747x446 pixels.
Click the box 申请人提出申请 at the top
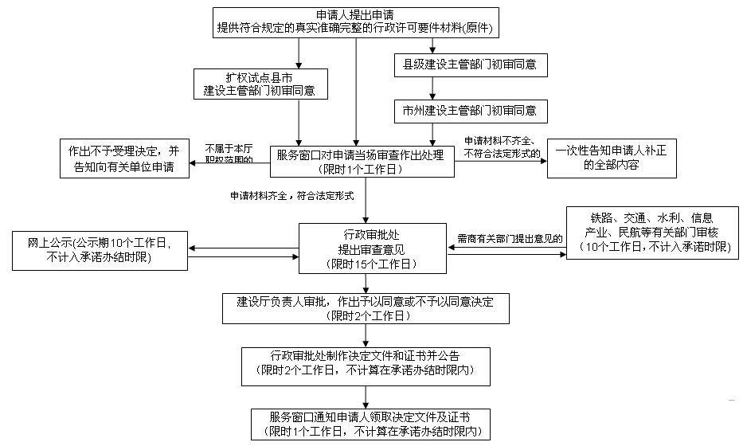pyautogui.click(x=356, y=22)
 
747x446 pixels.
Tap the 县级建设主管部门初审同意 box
pyautogui.click(x=470, y=65)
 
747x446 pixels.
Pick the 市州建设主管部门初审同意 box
pyautogui.click(x=470, y=109)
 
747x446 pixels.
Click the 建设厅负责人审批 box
pyautogui.click(x=366, y=308)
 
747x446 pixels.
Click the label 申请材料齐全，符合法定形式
pyautogui.click(x=291, y=195)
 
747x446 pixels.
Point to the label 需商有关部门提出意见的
pyautogui.click(x=510, y=238)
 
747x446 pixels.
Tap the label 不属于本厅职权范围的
pyautogui.click(x=229, y=154)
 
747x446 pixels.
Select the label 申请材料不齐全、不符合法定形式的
pyautogui.click(x=502, y=147)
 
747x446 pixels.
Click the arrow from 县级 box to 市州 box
pyautogui.click(x=433, y=88)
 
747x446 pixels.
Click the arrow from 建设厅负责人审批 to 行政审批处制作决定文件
pyautogui.click(x=366, y=335)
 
